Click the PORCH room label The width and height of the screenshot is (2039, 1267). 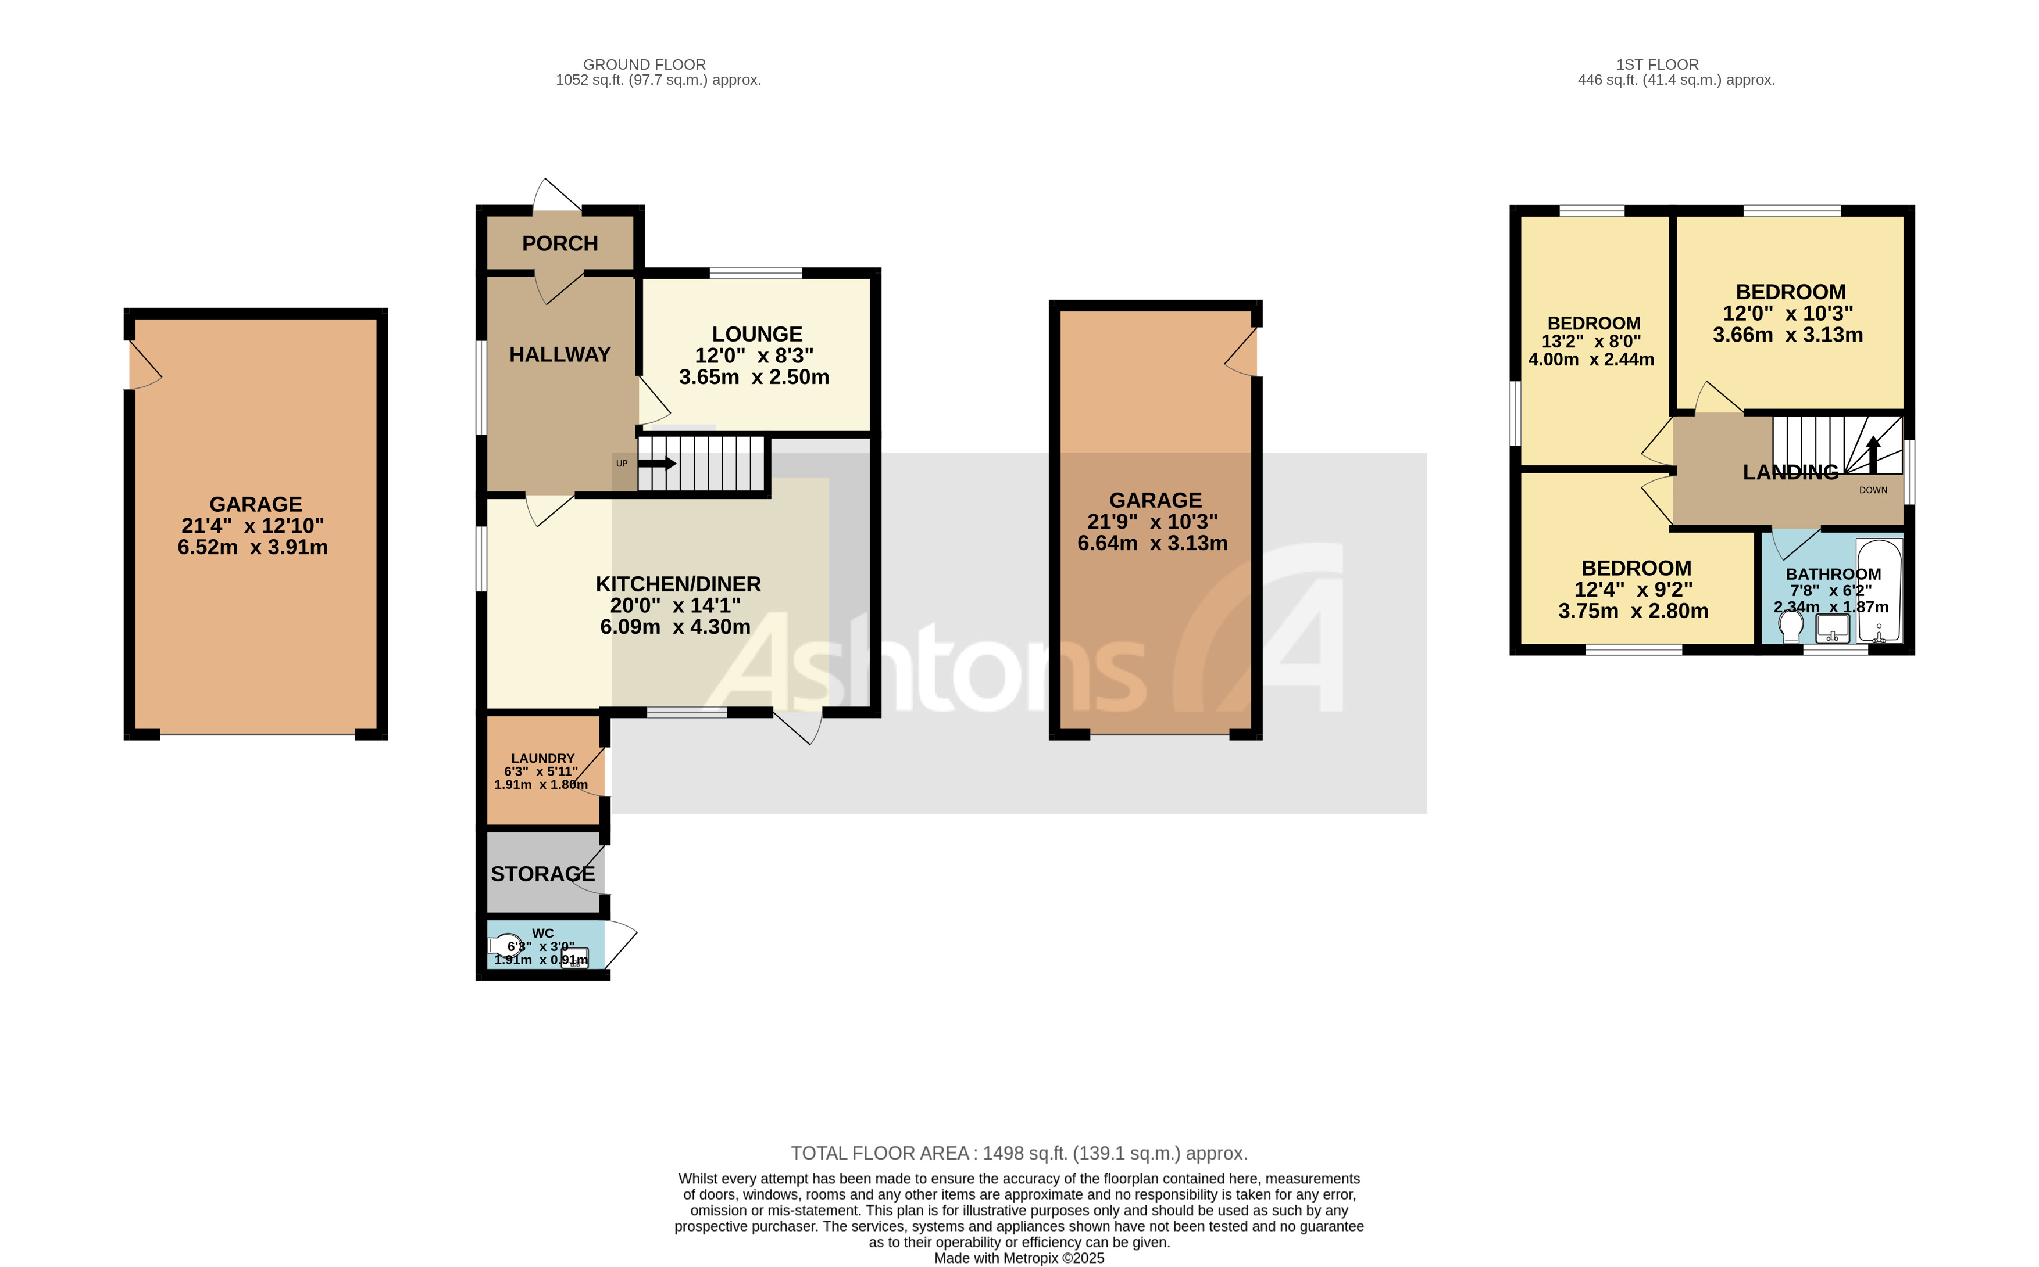[559, 244]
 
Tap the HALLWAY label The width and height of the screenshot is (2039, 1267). [559, 354]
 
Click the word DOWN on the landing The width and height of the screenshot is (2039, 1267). [1873, 490]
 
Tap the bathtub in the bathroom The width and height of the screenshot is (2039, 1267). [1879, 591]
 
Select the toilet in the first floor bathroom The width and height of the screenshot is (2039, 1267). [1791, 625]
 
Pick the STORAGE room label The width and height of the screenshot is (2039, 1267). [542, 874]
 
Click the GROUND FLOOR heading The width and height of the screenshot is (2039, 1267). [644, 64]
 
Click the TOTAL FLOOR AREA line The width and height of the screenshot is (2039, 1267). [1019, 1153]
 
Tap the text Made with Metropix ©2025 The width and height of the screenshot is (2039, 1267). [1019, 1258]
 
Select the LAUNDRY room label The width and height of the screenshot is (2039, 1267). [542, 758]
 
